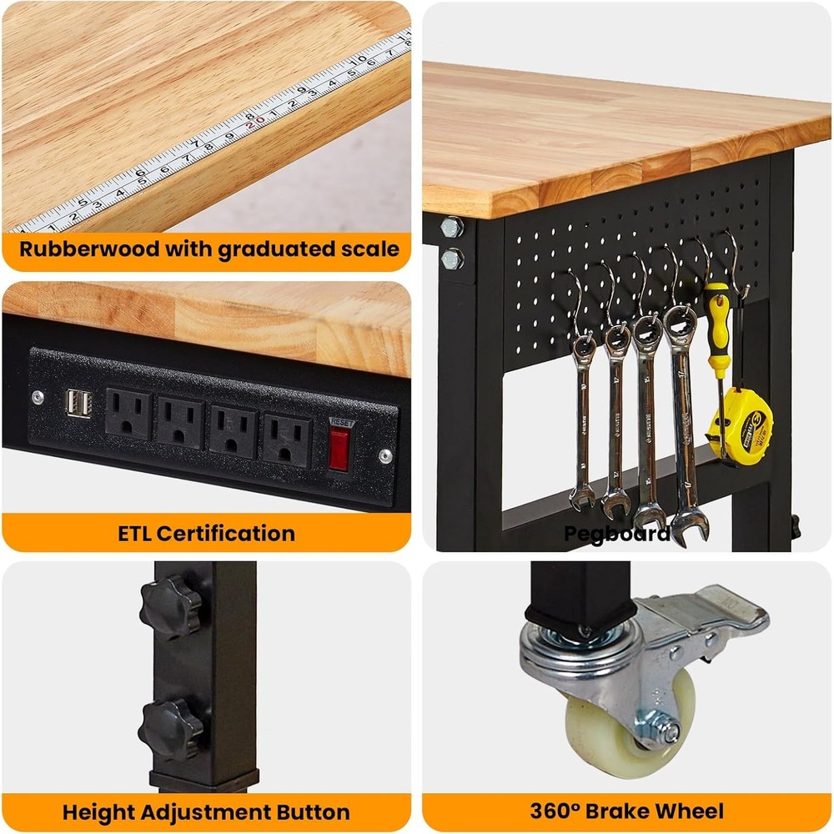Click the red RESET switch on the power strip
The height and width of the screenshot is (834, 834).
point(338,450)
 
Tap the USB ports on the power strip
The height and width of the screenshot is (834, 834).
point(78,404)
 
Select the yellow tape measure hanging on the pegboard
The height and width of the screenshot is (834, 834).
point(740,424)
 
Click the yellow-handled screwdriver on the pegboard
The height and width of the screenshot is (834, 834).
point(716,329)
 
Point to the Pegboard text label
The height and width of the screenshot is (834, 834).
point(616,533)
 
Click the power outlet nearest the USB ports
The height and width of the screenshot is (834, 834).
point(128,414)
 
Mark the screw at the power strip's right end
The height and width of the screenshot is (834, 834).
point(384,456)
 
